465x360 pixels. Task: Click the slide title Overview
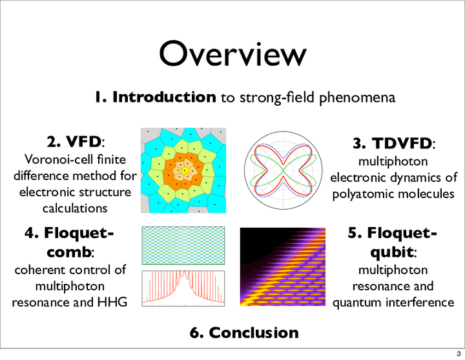click(232, 54)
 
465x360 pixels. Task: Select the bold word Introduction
click(164, 97)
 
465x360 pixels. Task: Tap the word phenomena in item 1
click(357, 98)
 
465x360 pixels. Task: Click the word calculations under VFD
click(75, 208)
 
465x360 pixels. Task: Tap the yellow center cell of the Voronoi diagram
click(185, 170)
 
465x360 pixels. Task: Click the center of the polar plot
click(284, 170)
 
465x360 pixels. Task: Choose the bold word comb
click(68, 252)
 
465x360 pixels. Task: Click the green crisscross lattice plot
click(183, 246)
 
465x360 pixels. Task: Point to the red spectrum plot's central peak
click(184, 272)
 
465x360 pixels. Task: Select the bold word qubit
click(391, 252)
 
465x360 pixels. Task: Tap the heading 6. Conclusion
click(244, 332)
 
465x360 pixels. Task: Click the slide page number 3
click(459, 354)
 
